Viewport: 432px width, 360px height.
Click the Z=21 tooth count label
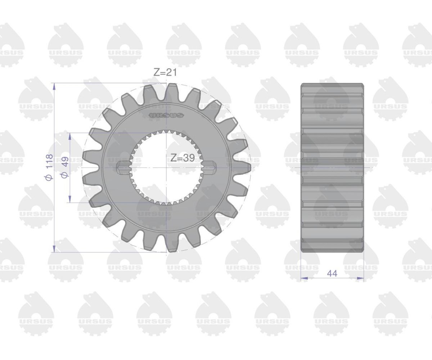165,72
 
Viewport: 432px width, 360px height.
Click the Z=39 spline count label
183,158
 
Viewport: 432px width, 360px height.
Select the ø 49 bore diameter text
65,167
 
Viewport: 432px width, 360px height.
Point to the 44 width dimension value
332,274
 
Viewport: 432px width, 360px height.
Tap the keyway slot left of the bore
123,167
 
